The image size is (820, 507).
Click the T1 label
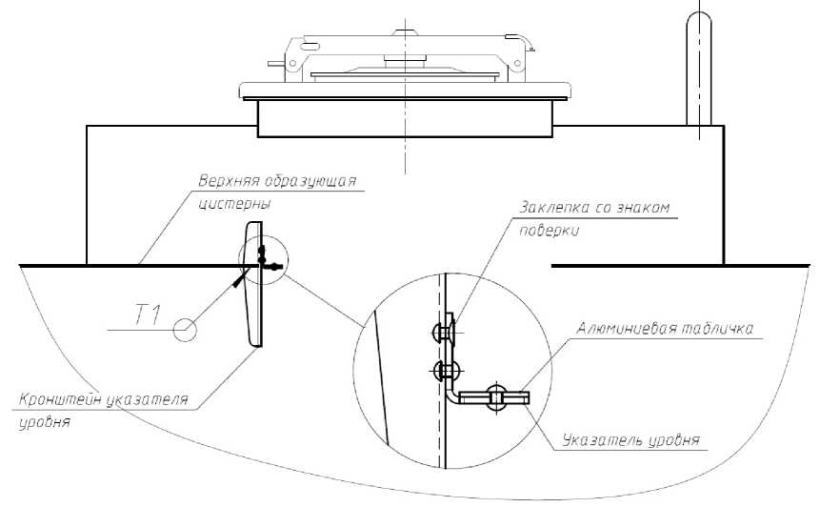click(148, 315)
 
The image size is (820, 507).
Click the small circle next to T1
click(185, 330)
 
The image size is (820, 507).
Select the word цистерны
click(234, 204)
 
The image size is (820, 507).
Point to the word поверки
click(550, 231)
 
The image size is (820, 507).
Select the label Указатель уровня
click(631, 440)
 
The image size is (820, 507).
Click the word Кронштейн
click(60, 399)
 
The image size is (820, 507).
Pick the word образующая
click(310, 182)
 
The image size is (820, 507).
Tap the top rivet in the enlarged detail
click(445, 331)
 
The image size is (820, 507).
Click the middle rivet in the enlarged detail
click(446, 371)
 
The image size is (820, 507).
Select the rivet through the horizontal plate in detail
click(495, 397)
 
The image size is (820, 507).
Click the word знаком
click(642, 207)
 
